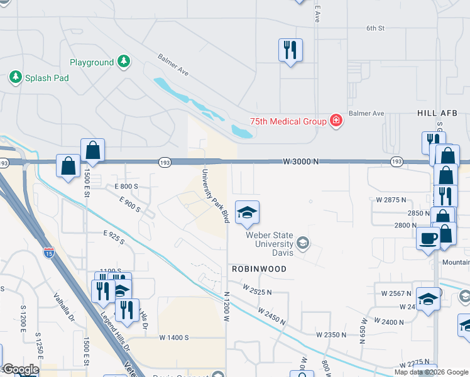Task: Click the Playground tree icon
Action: [x=124, y=62]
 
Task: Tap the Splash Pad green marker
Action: [x=15, y=77]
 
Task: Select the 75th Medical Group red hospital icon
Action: [x=336, y=121]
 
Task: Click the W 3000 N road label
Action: [x=301, y=161]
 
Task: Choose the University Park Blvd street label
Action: [x=214, y=195]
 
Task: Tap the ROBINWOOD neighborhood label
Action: [x=259, y=269]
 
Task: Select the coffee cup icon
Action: [x=429, y=239]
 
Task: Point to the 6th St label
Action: [x=375, y=28]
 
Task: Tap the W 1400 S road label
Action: [x=174, y=337]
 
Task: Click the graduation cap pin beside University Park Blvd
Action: [x=247, y=212]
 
